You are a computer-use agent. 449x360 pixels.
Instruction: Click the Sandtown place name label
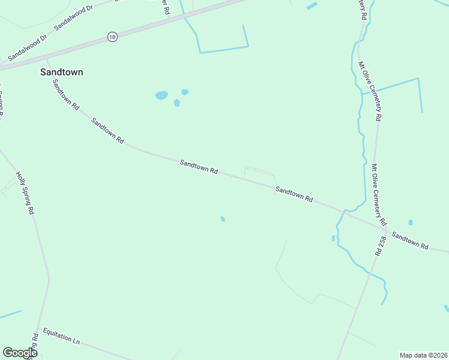pyautogui.click(x=61, y=72)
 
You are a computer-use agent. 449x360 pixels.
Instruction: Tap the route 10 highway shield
pyautogui.click(x=112, y=37)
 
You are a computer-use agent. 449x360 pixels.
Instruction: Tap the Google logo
pyautogui.click(x=20, y=353)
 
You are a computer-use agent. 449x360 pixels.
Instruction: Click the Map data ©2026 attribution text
pyautogui.click(x=423, y=355)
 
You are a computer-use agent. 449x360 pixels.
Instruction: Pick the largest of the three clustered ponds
pyautogui.click(x=161, y=95)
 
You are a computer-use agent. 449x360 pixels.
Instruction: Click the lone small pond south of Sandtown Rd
pyautogui.click(x=223, y=219)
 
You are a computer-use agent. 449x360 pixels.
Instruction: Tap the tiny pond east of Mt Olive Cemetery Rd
pyautogui.click(x=411, y=223)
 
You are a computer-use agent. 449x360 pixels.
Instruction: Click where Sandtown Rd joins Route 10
pyautogui.click(x=47, y=59)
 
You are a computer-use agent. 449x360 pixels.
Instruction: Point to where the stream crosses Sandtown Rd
pyautogui.click(x=343, y=212)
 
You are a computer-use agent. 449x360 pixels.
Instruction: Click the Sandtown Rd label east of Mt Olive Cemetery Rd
pyautogui.click(x=410, y=241)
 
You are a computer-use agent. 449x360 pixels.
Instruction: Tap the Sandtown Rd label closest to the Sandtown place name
pyautogui.click(x=65, y=94)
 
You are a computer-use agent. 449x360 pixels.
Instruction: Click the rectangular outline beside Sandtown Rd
pyautogui.click(x=259, y=175)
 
